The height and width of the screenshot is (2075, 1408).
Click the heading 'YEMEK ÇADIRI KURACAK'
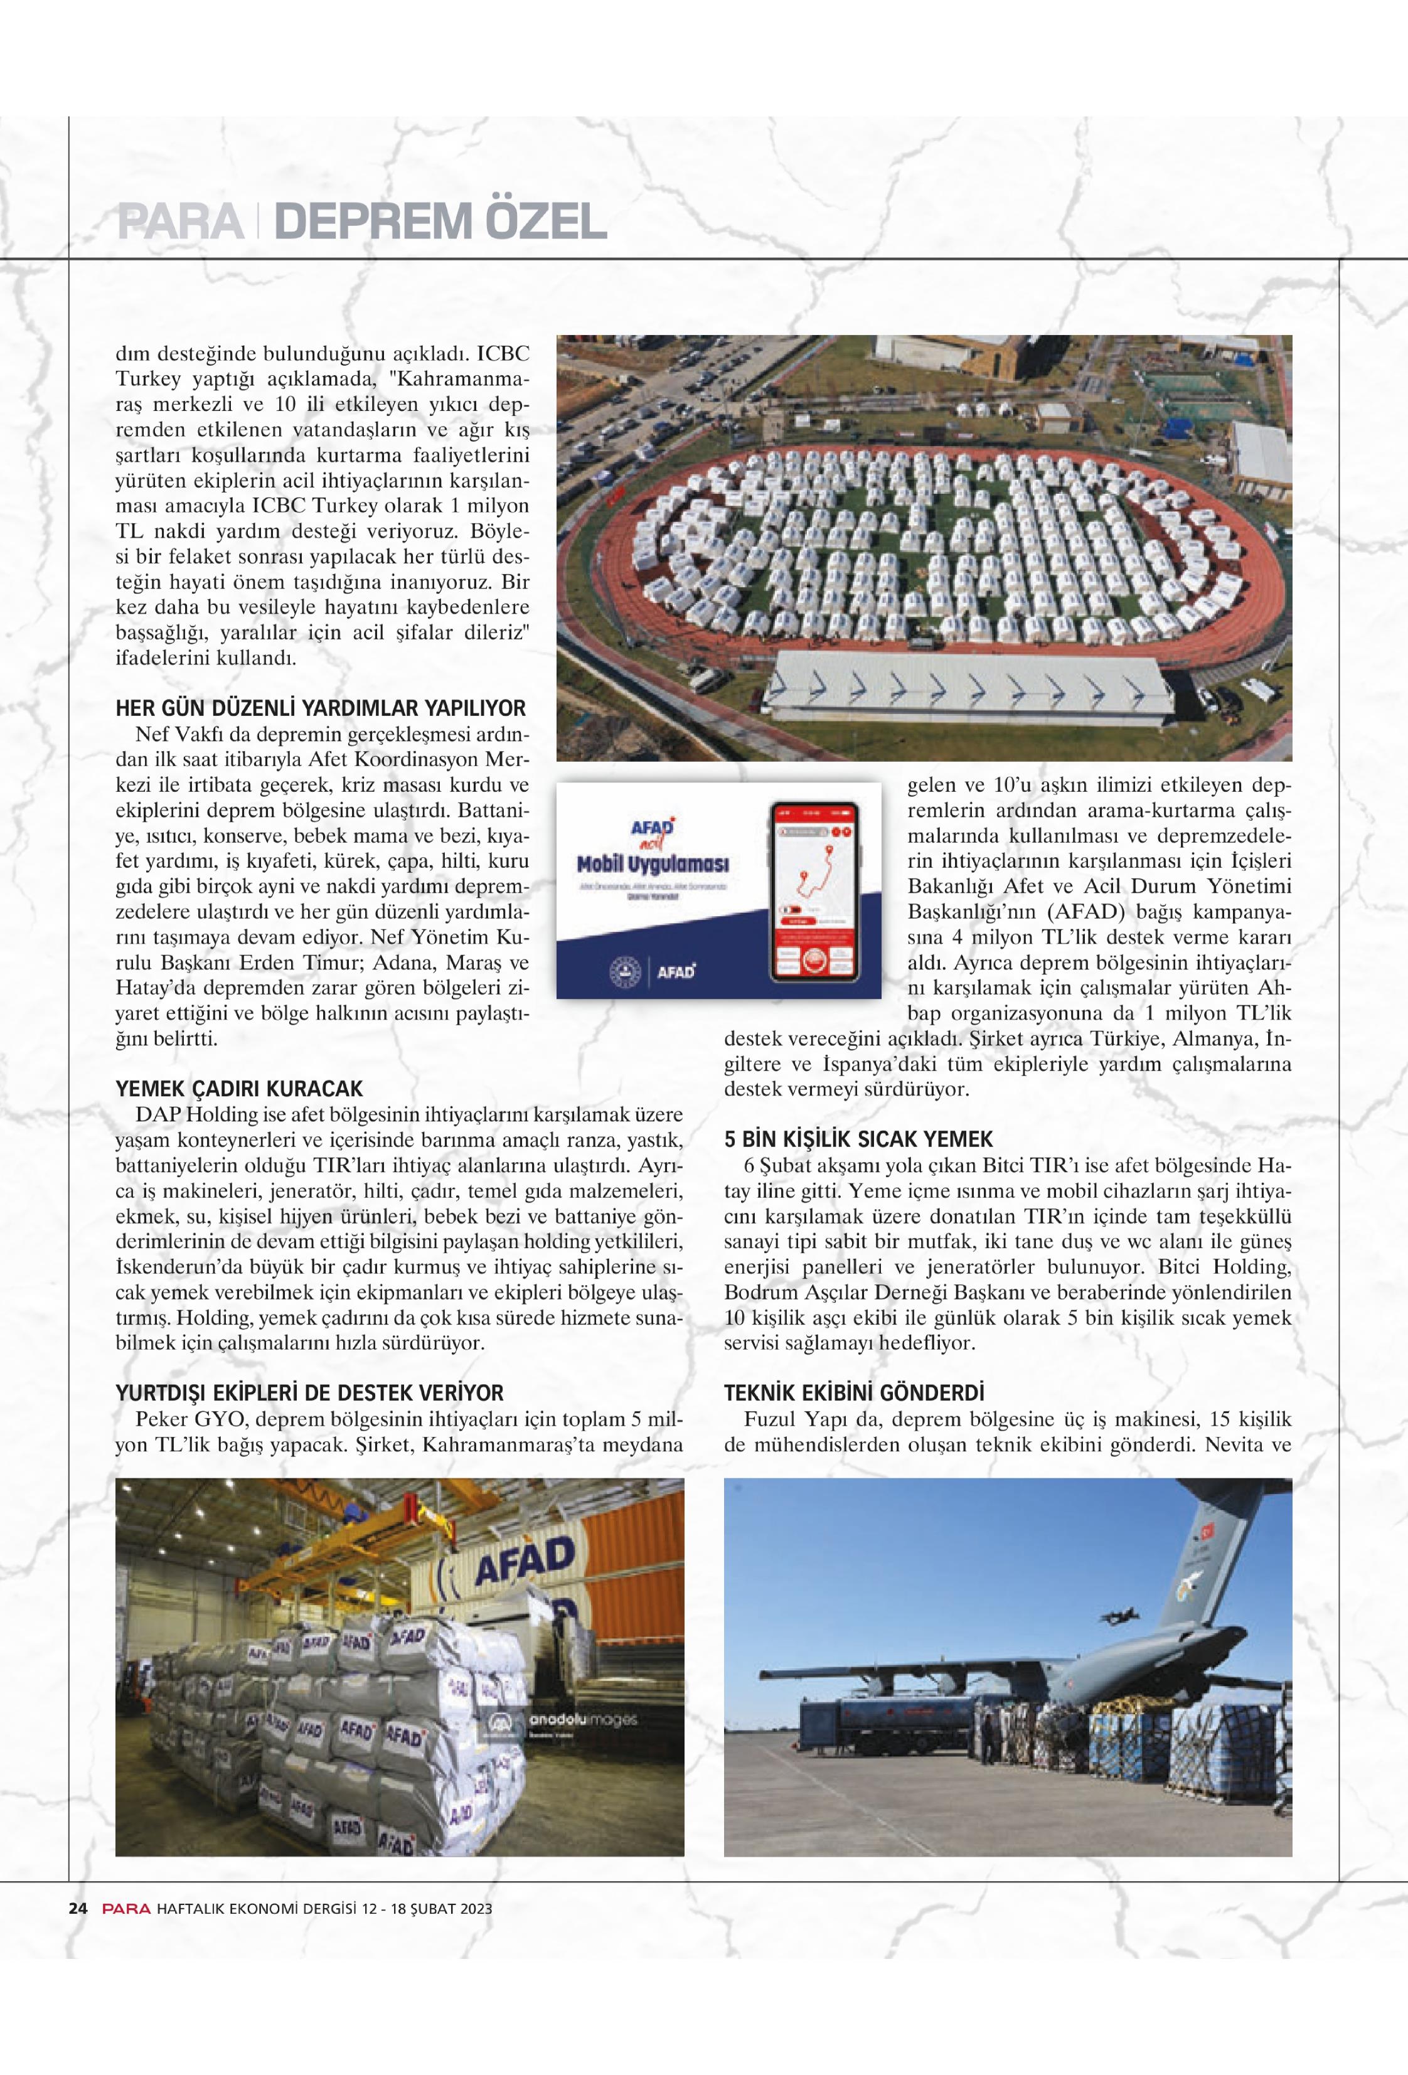[239, 1089]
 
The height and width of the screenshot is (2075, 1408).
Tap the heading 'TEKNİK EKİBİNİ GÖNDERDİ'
[853, 1394]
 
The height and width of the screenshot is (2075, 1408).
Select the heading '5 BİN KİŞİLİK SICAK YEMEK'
[858, 1140]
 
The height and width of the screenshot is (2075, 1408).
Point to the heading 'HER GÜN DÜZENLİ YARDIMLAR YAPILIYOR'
[321, 709]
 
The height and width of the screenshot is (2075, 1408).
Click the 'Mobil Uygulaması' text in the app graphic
[653, 864]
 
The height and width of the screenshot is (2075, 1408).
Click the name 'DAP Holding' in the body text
[196, 1115]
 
